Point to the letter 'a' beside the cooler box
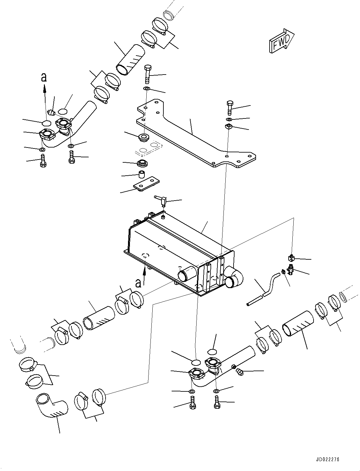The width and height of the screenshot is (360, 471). click(x=138, y=282)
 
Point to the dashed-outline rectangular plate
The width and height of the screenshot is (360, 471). click(x=149, y=148)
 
